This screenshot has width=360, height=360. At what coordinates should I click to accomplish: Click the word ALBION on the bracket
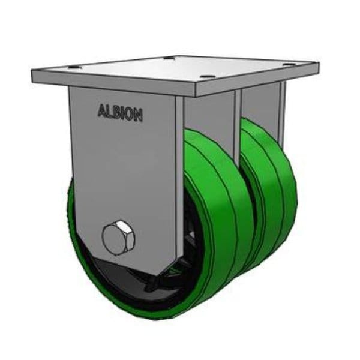(119, 113)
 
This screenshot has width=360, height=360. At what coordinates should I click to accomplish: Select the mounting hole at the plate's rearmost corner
(172, 59)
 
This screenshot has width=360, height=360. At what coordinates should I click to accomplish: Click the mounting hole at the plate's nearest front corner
(206, 77)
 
